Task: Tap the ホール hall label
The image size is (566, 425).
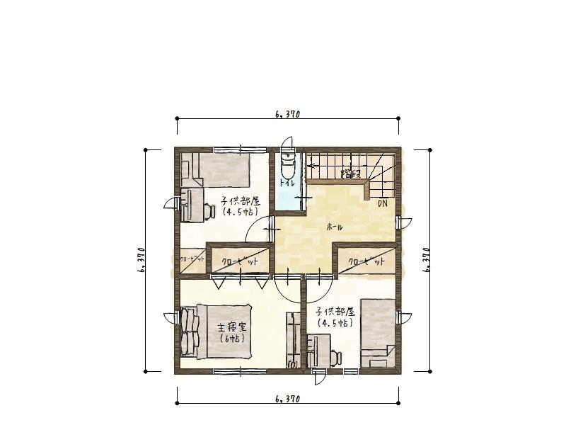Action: (335, 227)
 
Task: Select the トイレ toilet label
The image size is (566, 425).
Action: (286, 183)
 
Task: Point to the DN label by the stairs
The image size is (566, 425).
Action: (382, 203)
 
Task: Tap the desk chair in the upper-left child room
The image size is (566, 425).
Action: (210, 210)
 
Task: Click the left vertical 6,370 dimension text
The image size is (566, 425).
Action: (141, 260)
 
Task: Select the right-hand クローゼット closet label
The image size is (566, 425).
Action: (366, 262)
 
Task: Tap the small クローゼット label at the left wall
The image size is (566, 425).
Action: (192, 259)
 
